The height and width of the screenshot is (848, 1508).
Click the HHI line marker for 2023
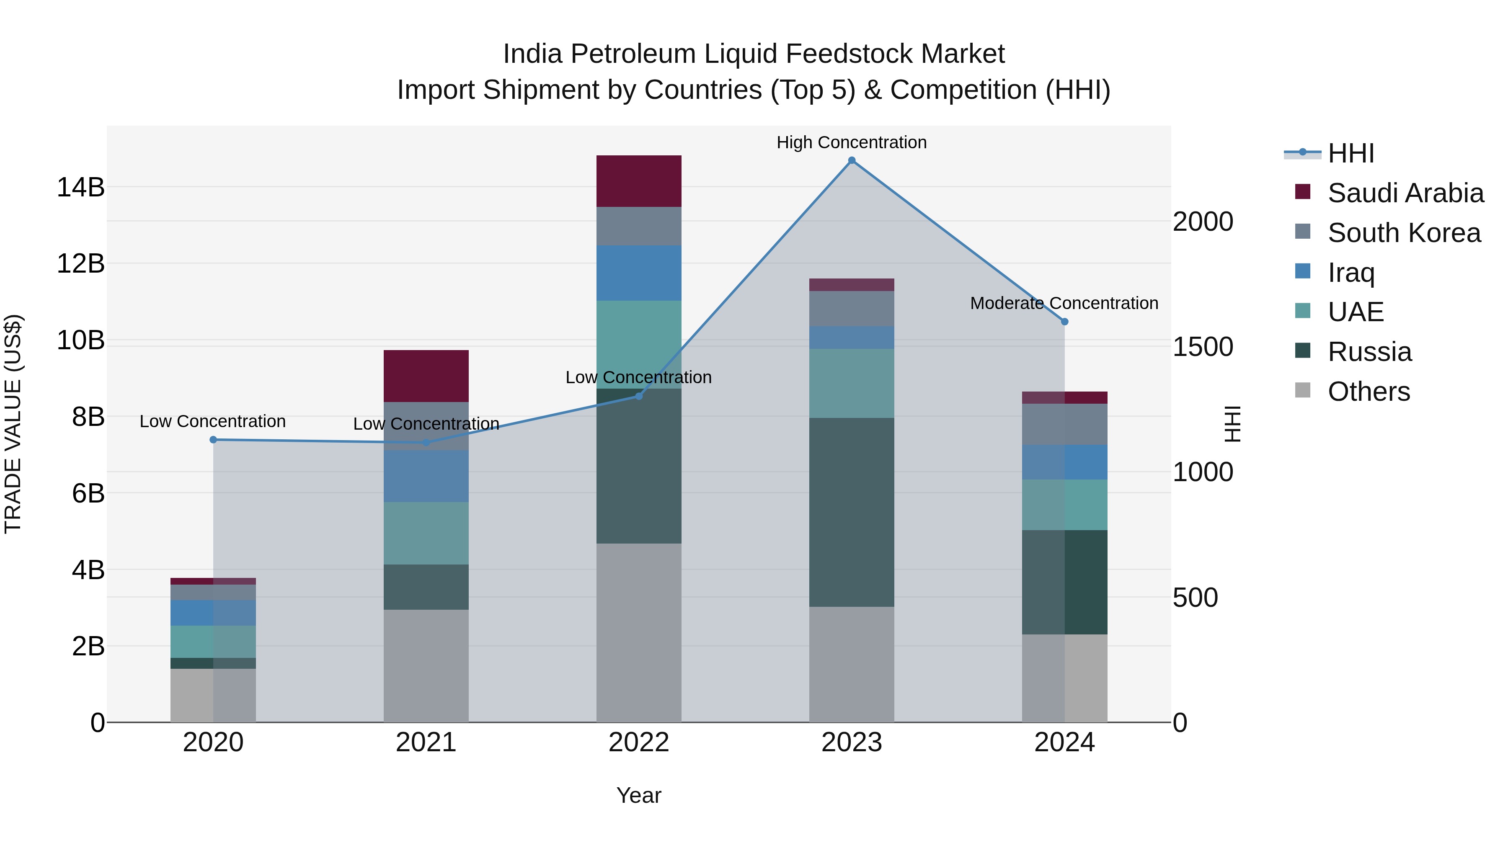[x=852, y=160]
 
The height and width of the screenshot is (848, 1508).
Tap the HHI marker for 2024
[x=1064, y=321]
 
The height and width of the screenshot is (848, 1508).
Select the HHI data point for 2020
[x=213, y=440]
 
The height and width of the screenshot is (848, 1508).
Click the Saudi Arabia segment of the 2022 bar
[x=639, y=181]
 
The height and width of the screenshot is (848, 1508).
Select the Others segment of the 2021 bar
[x=426, y=665]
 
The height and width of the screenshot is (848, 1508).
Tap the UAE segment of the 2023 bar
[x=852, y=383]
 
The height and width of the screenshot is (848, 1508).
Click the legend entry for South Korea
[x=1404, y=233]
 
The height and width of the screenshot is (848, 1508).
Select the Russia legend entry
[x=1369, y=352]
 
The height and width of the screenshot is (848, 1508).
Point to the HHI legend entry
[x=1350, y=153]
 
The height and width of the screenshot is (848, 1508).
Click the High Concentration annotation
[x=851, y=142]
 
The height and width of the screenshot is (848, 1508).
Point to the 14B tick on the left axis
[x=80, y=187]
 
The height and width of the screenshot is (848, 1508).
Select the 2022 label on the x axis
[x=639, y=742]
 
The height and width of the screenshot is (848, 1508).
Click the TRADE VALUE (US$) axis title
[x=13, y=424]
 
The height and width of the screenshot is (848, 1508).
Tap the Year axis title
[x=639, y=795]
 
